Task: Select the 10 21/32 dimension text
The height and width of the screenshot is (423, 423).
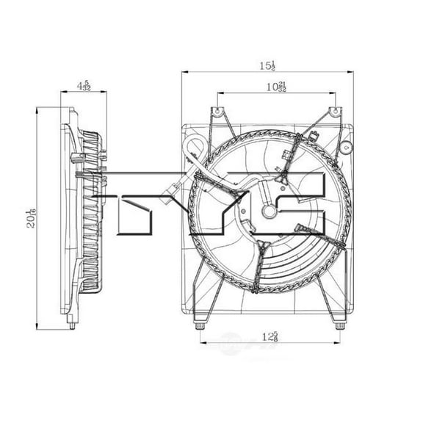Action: point(276,87)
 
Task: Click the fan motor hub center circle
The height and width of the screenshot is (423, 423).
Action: point(270,213)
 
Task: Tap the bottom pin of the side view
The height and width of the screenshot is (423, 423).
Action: point(72,323)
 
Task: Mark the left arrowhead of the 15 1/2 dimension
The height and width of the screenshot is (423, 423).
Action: point(184,72)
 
